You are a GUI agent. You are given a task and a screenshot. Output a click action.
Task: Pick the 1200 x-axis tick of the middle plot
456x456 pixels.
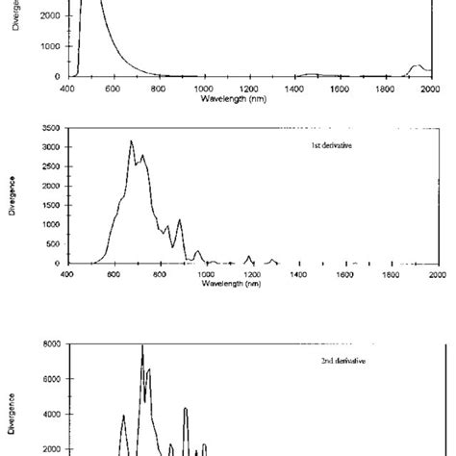251,273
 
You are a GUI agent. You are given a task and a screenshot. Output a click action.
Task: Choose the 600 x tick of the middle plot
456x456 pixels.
113,273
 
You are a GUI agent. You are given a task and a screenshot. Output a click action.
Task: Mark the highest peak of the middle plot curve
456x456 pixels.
132,141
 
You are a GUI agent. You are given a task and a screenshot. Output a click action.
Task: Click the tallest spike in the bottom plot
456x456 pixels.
142,345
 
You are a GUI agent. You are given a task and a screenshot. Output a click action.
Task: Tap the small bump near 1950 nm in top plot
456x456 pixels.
417,66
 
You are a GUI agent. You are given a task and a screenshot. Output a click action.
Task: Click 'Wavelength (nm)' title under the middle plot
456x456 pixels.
250,283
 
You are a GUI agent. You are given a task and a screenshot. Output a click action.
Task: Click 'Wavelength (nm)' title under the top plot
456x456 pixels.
250,98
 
